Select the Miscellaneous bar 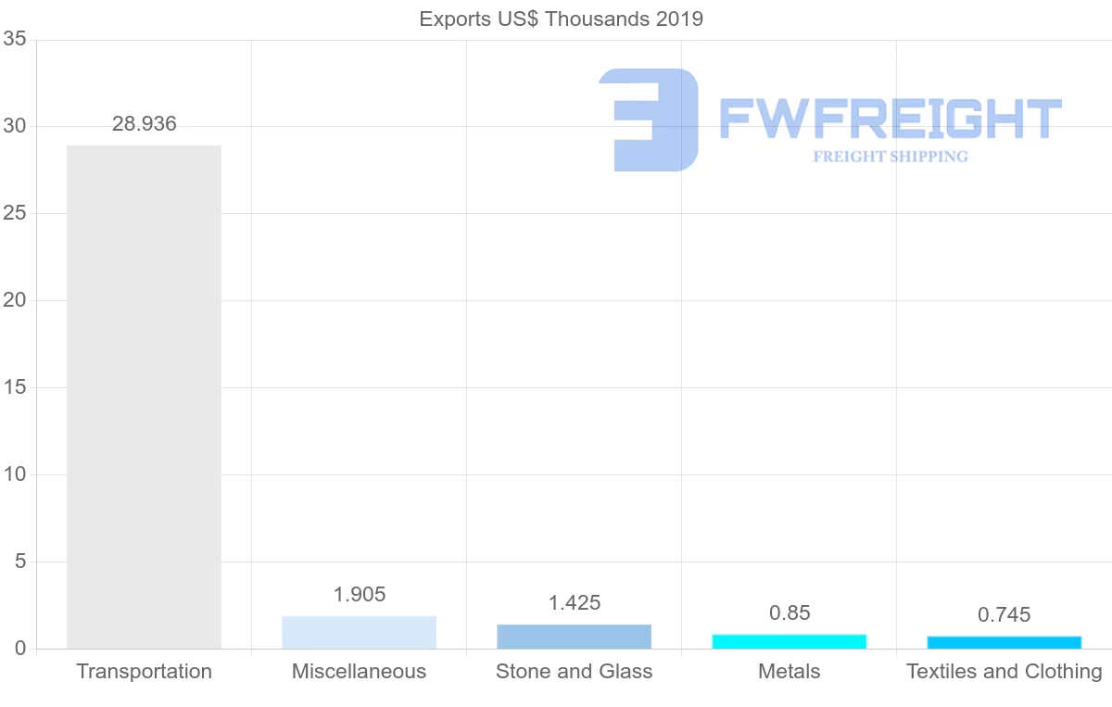click(x=359, y=632)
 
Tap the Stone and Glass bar click(x=574, y=637)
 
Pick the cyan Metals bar click(x=789, y=641)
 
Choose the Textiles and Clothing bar click(x=1004, y=642)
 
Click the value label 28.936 click(x=144, y=124)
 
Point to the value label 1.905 click(x=359, y=595)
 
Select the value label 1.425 click(x=574, y=603)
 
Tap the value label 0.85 click(x=789, y=613)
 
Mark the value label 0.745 click(x=1004, y=615)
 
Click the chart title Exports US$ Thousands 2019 click(x=561, y=19)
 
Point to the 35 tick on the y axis click(x=14, y=39)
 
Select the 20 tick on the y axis click(x=14, y=300)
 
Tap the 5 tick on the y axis click(x=19, y=562)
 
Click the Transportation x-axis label click(x=144, y=672)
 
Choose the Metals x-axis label click(x=789, y=672)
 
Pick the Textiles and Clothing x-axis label click(x=1004, y=672)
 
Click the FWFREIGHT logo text click(x=890, y=120)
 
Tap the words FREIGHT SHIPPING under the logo click(x=890, y=157)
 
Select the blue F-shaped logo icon click(x=649, y=120)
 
